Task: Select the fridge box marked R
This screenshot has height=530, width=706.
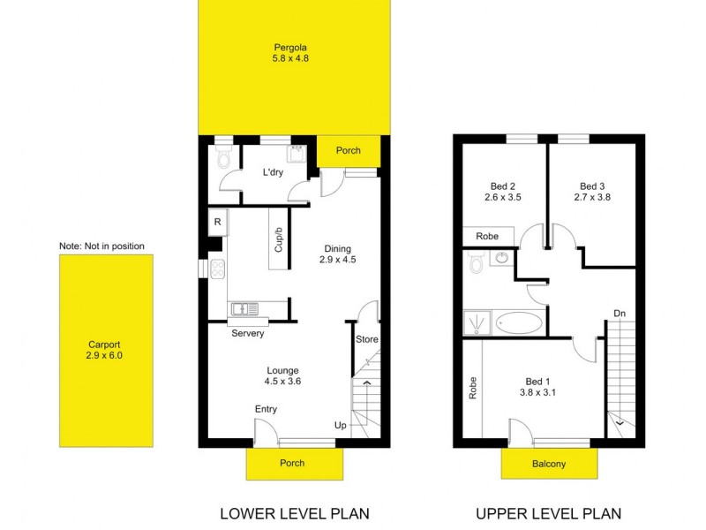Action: click(x=216, y=222)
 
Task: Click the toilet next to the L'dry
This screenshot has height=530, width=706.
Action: click(x=224, y=159)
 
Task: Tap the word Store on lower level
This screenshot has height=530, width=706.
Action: click(x=366, y=339)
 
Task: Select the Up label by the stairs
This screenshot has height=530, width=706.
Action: click(x=341, y=425)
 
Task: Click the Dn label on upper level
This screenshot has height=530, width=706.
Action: click(x=620, y=313)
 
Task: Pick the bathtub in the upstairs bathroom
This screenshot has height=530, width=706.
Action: click(x=521, y=323)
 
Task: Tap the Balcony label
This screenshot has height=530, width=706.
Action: click(x=549, y=464)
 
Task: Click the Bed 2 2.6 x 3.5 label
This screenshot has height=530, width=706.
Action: click(x=502, y=192)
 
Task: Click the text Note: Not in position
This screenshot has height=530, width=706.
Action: click(x=101, y=246)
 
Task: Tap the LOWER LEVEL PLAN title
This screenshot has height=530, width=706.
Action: click(x=294, y=513)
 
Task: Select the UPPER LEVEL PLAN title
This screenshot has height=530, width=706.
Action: click(x=548, y=513)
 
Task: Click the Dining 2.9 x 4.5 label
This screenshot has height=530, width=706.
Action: click(x=337, y=254)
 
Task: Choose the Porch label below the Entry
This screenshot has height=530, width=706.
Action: click(x=292, y=463)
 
